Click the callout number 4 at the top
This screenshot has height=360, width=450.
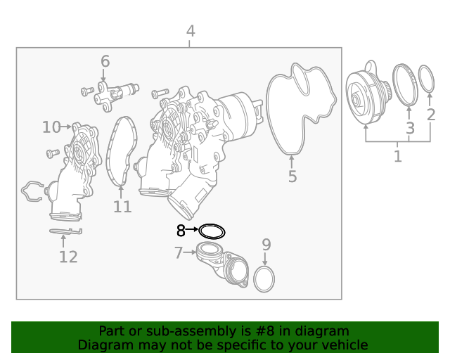click(x=191, y=32)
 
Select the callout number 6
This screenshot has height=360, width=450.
click(x=105, y=62)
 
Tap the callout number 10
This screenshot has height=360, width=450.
click(x=51, y=127)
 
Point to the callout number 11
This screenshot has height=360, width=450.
click(x=122, y=207)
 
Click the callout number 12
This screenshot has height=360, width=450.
click(x=67, y=257)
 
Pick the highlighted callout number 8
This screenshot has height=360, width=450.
click(x=181, y=231)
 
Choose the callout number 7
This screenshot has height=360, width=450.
click(x=179, y=252)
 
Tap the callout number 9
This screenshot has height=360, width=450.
click(x=266, y=245)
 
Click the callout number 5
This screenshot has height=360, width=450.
click(x=292, y=176)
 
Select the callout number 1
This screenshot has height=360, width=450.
click(x=397, y=155)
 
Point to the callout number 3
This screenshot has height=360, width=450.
click(x=410, y=128)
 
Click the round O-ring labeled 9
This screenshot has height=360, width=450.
click(x=264, y=278)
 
